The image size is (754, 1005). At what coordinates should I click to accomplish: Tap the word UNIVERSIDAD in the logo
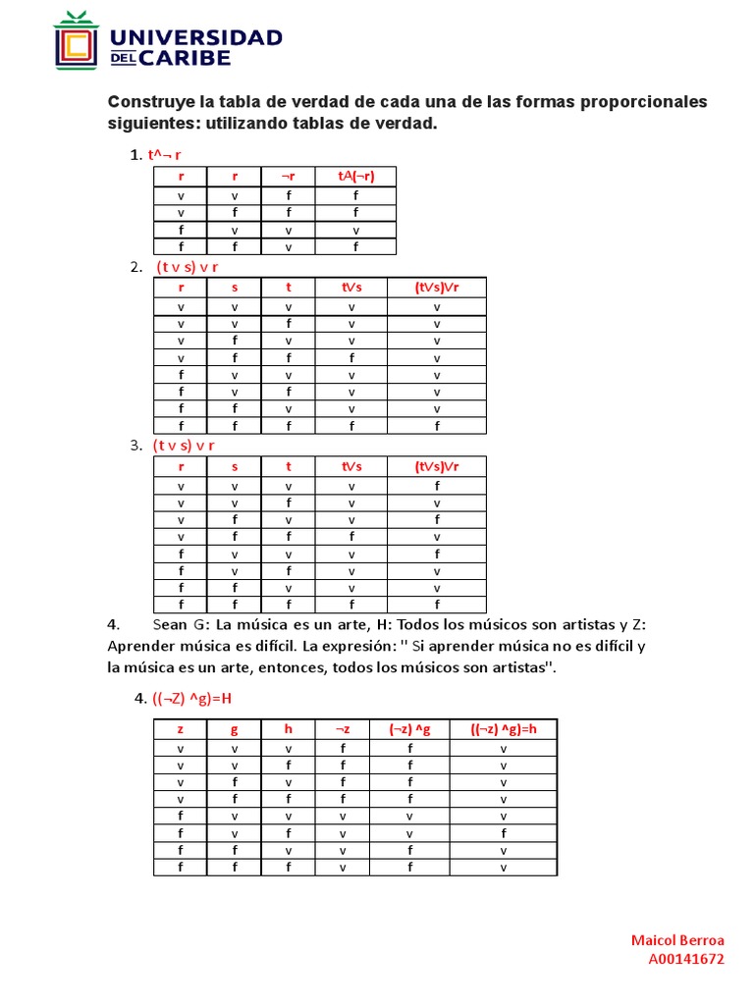197,37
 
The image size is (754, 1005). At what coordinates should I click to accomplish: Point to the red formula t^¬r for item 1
164,155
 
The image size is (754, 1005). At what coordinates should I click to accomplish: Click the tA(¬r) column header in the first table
355,176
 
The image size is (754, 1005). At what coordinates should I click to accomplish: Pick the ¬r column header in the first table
288,176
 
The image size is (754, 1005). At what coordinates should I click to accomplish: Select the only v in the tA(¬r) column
355,230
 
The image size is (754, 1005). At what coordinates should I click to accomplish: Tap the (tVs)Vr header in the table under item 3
436,466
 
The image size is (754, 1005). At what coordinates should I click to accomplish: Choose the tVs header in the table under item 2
350,287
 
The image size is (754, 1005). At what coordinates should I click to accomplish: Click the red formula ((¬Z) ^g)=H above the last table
188,699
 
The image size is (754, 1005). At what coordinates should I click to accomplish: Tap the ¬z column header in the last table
343,728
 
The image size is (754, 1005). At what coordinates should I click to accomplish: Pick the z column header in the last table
180,728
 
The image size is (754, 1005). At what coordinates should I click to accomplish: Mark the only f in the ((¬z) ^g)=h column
503,833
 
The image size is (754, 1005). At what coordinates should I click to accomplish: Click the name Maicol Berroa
677,940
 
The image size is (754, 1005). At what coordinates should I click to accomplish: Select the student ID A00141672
686,959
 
